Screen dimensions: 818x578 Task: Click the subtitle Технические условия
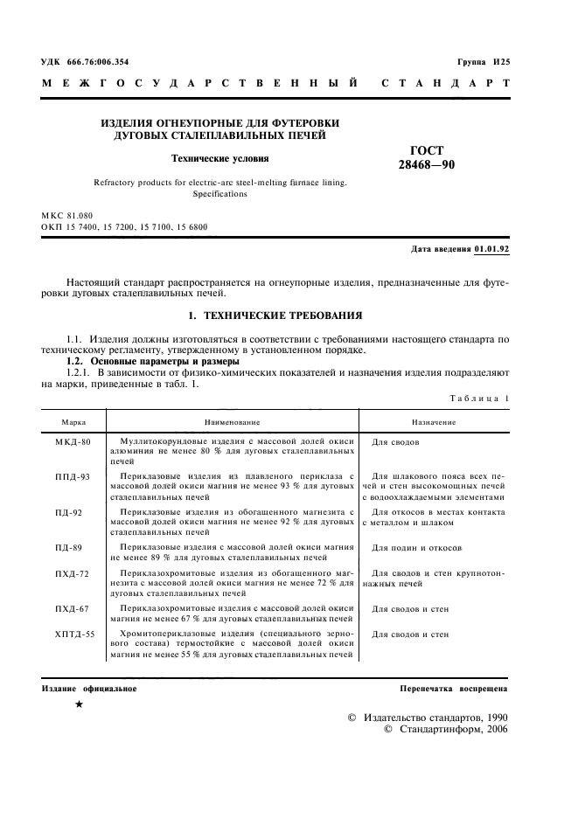click(x=219, y=159)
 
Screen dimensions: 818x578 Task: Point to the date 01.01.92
click(x=491, y=249)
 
